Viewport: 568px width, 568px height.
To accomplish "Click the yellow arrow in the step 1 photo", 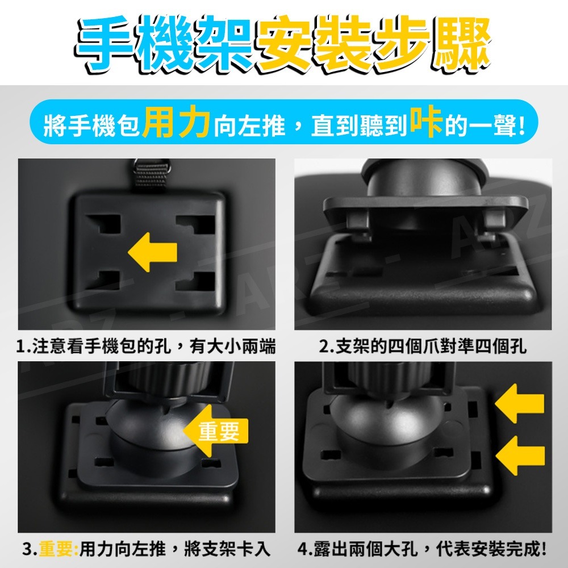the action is coord(152,252).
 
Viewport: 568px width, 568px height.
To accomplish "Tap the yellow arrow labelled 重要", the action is coord(215,431).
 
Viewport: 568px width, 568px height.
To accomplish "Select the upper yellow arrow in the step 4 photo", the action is coord(520,403).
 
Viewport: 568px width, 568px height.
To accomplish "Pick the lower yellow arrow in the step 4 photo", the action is coord(520,456).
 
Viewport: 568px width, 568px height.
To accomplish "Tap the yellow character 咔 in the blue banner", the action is coord(426,122).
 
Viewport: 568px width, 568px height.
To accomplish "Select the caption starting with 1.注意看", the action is coord(145,346).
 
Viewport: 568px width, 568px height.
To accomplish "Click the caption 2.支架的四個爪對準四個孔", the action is coord(423,346).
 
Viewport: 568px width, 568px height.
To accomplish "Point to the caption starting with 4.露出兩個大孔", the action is coord(421,549).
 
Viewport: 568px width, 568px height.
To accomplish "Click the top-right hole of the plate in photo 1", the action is coord(195,224).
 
